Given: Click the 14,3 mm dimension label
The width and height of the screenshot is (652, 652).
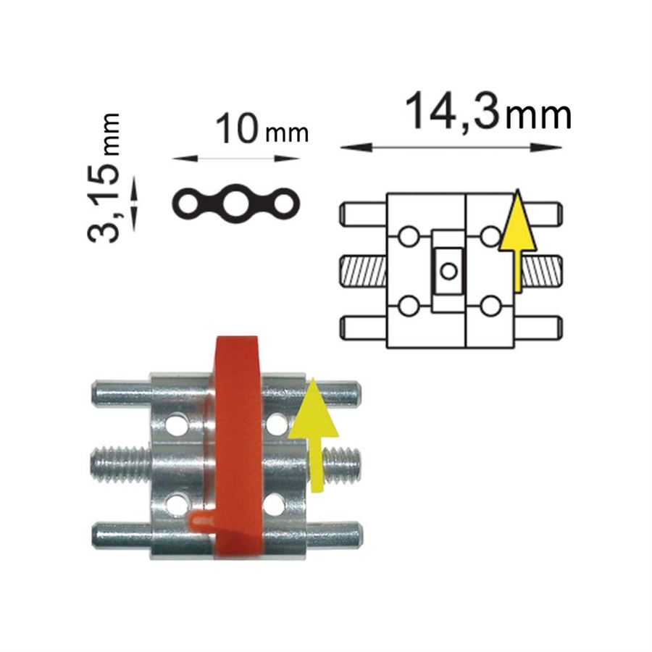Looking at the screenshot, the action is tap(488, 112).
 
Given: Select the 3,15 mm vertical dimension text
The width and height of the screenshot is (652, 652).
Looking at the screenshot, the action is tap(104, 177).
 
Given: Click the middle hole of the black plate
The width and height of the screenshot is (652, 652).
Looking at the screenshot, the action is tap(235, 204).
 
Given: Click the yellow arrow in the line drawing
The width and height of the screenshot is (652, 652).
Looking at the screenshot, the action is tap(517, 241).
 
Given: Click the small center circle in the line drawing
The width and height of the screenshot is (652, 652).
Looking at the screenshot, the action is tap(448, 271).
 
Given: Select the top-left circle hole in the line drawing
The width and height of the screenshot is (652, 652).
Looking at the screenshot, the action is tap(409, 237).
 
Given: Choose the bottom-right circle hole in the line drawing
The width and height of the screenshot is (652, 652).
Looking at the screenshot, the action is tap(490, 306).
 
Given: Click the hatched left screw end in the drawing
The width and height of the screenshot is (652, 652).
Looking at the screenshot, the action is tap(364, 271).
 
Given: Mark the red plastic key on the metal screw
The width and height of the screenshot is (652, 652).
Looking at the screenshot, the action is tap(233, 447).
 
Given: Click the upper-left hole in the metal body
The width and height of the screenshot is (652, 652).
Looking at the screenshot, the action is tap(177, 424).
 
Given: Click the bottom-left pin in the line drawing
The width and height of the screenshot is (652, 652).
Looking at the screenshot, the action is tap(364, 327).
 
